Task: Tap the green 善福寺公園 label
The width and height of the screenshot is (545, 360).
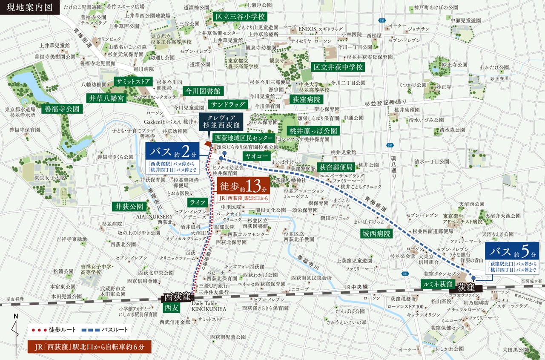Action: point(62,109)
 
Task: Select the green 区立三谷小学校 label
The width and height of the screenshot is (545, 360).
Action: point(240,17)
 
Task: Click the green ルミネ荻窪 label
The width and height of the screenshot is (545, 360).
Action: point(438,284)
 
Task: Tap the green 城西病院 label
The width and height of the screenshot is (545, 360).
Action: point(376,233)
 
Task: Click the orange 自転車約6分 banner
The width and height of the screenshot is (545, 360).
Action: point(89,346)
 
